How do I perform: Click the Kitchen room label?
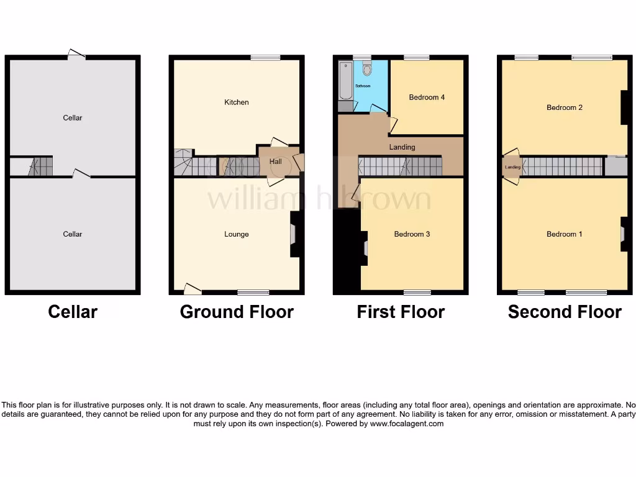[x=236, y=102]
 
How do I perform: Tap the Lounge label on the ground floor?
[x=236, y=234]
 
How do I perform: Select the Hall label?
[x=275, y=161]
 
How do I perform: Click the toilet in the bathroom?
[x=366, y=68]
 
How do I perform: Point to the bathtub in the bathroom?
[x=344, y=81]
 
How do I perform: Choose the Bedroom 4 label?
[x=426, y=98]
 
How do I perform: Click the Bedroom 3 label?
[x=412, y=234]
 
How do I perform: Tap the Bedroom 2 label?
[x=564, y=107]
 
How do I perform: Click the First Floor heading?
[x=401, y=312]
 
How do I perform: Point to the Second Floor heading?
[x=564, y=312]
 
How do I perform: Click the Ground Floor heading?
[x=237, y=312]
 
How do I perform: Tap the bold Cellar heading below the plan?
[x=73, y=312]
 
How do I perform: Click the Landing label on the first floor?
[x=402, y=147]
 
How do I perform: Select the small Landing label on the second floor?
[x=512, y=167]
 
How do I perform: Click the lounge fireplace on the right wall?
[x=294, y=234]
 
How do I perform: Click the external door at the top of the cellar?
[x=76, y=55]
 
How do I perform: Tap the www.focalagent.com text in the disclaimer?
[x=407, y=424]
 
